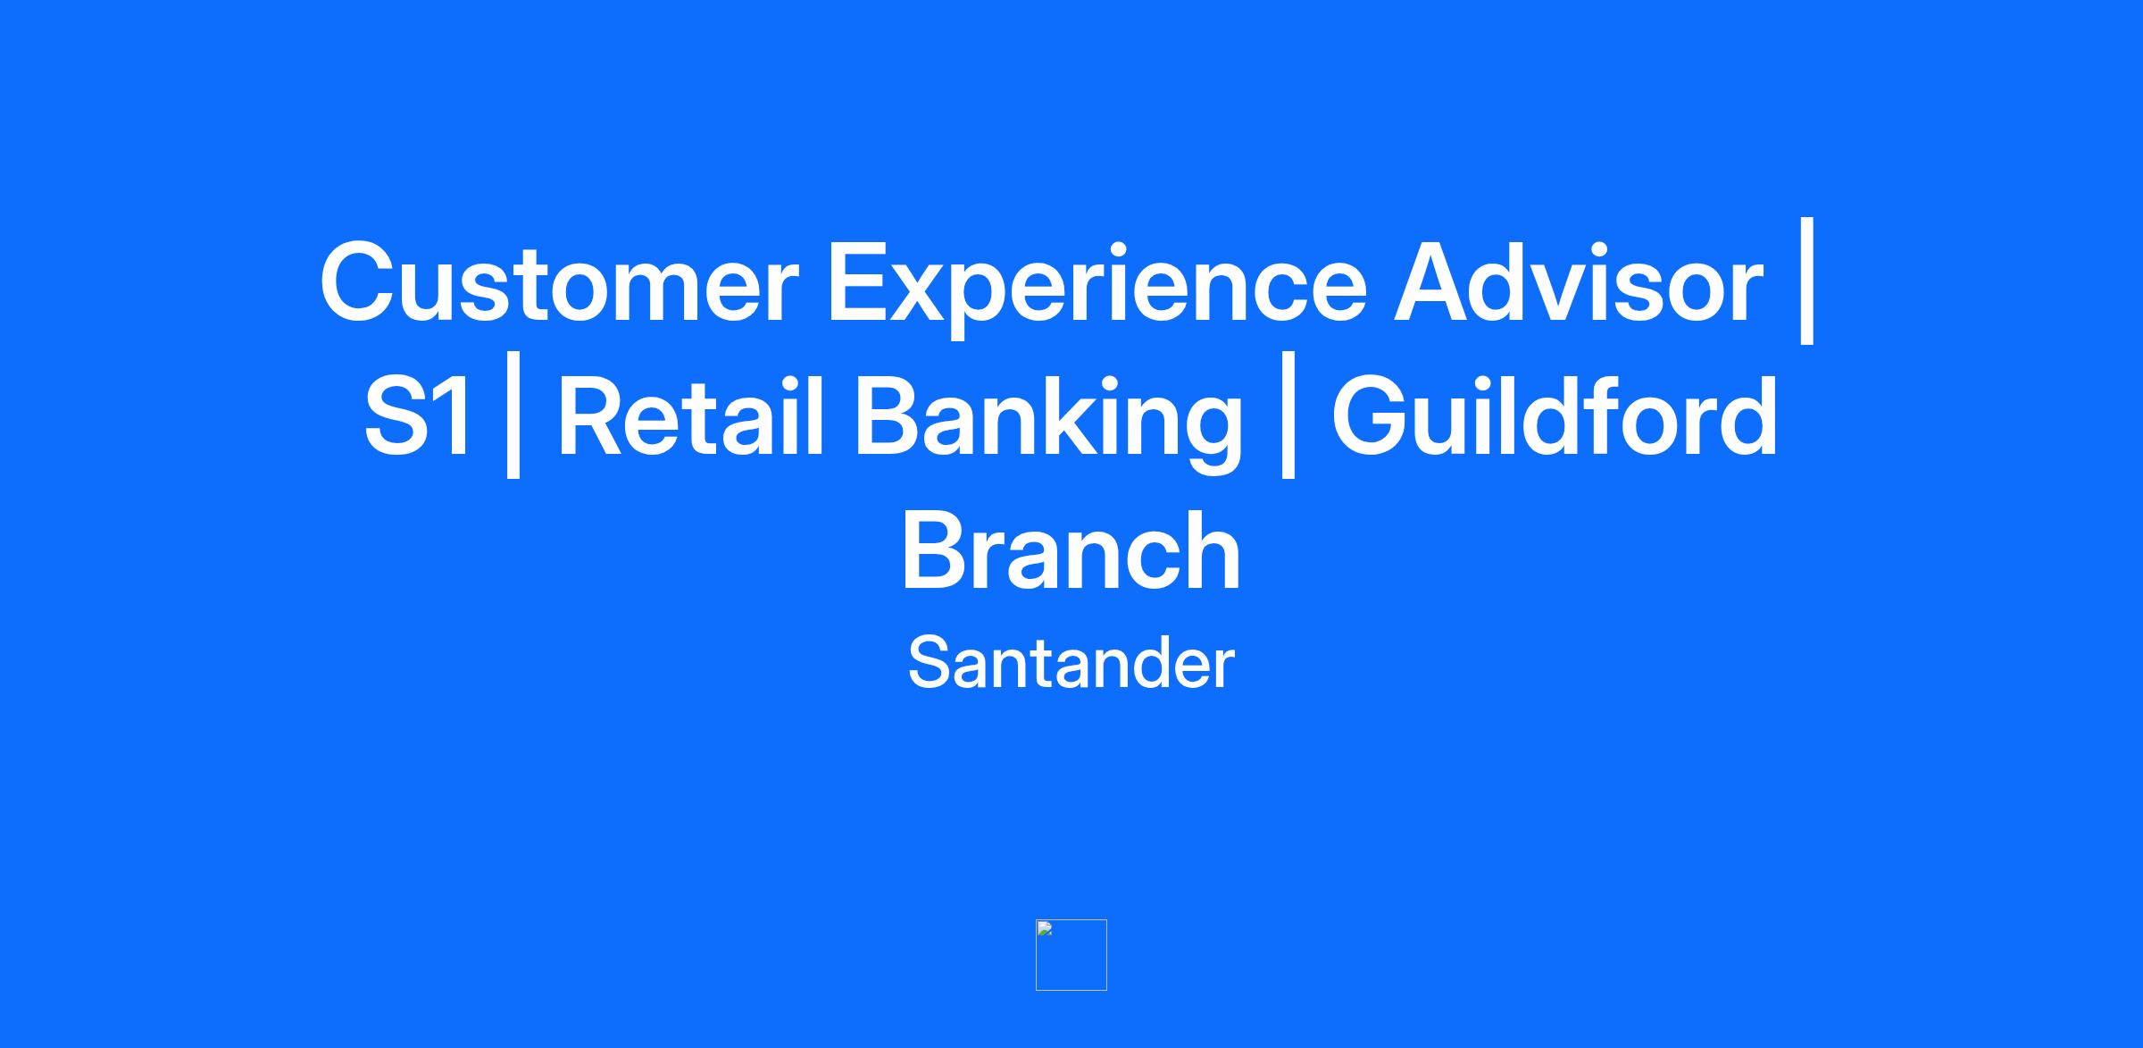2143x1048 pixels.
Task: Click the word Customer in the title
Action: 559,282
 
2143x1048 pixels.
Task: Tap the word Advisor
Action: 1579,281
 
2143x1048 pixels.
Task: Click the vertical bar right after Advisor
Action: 1806,281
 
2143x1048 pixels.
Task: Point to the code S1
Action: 417,416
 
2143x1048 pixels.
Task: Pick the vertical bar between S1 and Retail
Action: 513,415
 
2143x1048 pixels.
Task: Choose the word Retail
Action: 691,415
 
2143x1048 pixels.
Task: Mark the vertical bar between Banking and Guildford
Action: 1287,415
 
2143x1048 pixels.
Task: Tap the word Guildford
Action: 1555,415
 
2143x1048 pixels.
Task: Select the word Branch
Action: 1071,549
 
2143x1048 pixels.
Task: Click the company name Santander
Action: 1071,663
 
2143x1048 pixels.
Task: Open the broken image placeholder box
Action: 1071,954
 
